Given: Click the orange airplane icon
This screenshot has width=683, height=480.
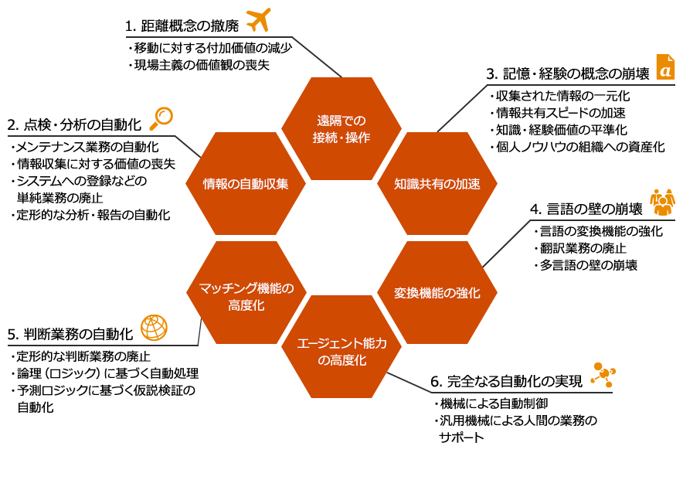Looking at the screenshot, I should coord(259,20).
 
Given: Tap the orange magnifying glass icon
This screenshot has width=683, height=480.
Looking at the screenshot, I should coord(161,118).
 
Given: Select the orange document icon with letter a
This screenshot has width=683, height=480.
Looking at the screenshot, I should coord(664,67).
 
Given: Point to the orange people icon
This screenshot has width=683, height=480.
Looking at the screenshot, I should coord(662,202).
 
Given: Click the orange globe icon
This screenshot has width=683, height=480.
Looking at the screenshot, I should coord(155,328).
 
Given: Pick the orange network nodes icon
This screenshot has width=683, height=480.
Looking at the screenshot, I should coord(602,374).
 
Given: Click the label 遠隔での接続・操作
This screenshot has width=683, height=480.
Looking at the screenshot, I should coord(341,129).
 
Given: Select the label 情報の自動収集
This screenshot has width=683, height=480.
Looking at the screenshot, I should coord(246,184).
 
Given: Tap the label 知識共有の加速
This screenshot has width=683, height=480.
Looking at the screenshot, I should coord(437,184).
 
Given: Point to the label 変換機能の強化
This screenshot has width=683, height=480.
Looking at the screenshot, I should coord(437,293).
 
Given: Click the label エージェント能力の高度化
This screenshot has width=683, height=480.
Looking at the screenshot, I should coord(341,351).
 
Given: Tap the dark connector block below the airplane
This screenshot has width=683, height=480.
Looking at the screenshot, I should coord(317,56).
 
